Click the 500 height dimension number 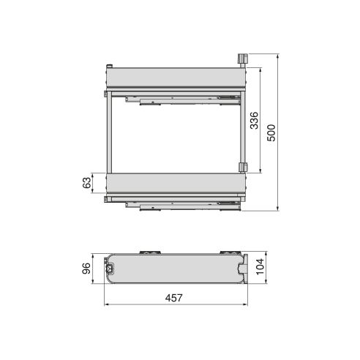coord(271,133)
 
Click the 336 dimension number coord(253,121)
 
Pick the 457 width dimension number coord(173,298)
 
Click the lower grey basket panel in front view coord(174,183)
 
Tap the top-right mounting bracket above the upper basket coord(244,59)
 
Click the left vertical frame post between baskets coord(109,132)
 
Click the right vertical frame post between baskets coord(240,132)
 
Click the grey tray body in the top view coord(176,269)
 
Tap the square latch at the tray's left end coord(110,269)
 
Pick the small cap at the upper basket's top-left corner coord(110,65)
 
